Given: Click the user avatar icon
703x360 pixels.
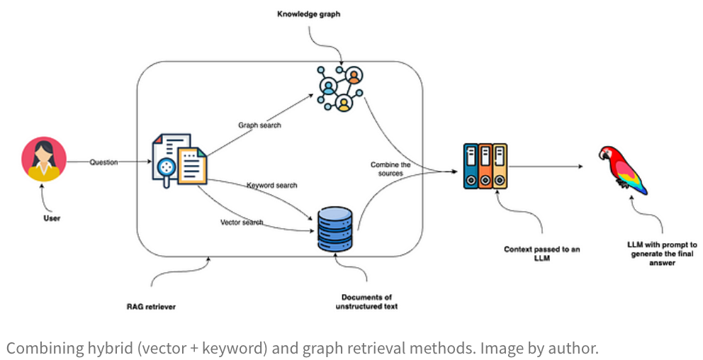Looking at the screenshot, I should point(44,159).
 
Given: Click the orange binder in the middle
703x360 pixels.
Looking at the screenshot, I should point(485,167).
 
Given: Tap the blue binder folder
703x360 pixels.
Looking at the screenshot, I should point(471,167).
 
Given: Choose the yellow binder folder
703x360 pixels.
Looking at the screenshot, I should point(500,167).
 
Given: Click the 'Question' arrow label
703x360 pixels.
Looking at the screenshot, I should point(103,162).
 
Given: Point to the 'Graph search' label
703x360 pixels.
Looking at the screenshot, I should point(259,125).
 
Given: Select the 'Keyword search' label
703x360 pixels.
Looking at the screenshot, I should point(271,186).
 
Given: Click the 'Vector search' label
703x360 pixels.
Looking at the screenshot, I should point(242,223).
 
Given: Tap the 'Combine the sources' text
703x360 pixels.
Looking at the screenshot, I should point(390,169).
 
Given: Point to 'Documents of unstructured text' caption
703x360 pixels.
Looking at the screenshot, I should point(366,302).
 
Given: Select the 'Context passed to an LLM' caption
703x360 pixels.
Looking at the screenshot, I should point(542,254).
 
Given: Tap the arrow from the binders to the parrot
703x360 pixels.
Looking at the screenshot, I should point(546,167).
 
